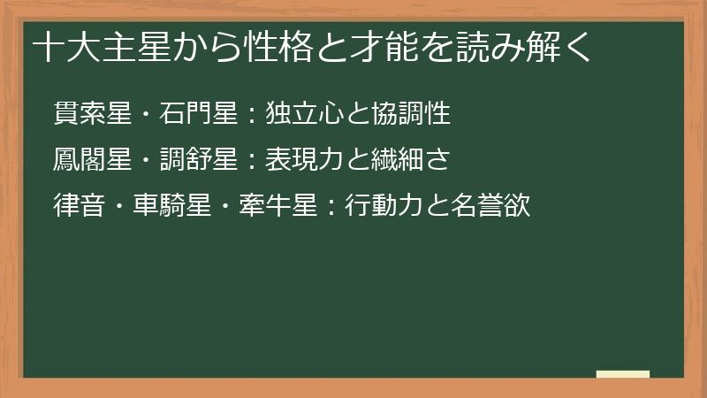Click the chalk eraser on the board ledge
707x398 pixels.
point(623,374)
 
